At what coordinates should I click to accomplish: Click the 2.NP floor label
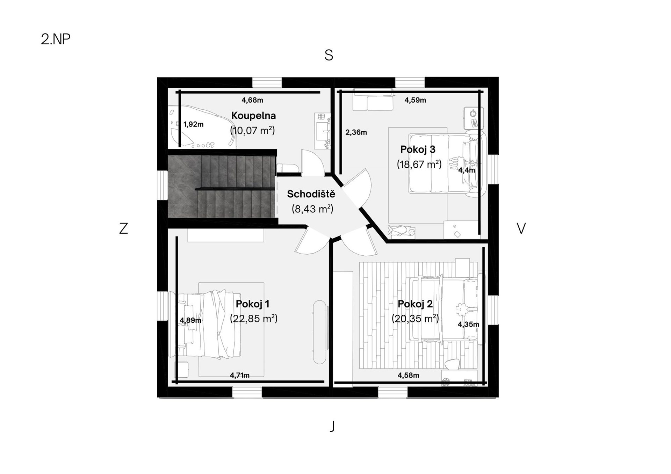56,39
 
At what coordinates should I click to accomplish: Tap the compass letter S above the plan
329,55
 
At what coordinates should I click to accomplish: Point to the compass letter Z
123,228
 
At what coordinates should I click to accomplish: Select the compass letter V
521,228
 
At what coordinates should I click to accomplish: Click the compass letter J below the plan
332,426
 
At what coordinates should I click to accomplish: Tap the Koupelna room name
253,116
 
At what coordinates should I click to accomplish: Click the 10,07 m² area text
252,131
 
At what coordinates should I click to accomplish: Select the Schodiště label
311,194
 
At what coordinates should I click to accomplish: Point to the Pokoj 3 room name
418,150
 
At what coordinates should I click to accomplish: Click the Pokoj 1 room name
252,304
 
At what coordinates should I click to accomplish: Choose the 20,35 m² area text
415,319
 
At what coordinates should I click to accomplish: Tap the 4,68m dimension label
252,100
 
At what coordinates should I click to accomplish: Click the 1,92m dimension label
193,124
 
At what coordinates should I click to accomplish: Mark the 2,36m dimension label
356,132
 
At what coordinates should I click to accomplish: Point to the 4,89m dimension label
190,320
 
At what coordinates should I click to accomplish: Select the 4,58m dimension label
408,375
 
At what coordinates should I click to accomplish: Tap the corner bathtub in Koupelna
202,127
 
